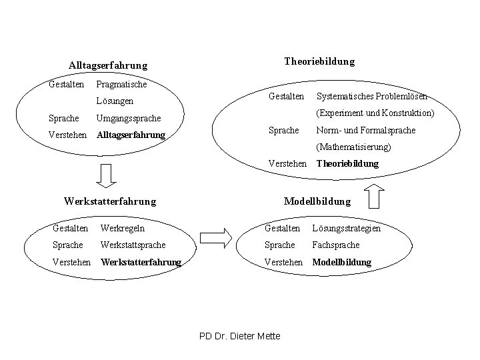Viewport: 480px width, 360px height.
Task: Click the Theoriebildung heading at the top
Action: [x=319, y=61]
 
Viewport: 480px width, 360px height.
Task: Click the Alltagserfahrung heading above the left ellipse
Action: [x=108, y=65]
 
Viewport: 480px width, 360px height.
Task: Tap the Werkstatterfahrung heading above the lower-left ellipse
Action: [x=109, y=201]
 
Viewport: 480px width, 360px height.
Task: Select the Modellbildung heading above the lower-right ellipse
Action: [x=317, y=201]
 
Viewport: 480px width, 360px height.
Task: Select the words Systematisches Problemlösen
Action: [x=372, y=96]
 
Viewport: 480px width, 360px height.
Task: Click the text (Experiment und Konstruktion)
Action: [x=375, y=113]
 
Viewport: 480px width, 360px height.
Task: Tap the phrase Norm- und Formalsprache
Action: [x=366, y=130]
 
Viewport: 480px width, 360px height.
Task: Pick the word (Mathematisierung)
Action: [x=354, y=147]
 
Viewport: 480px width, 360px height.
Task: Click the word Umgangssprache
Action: [x=129, y=118]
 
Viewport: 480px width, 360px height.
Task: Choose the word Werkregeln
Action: [x=122, y=229]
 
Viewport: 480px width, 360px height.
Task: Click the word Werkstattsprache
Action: [x=133, y=245]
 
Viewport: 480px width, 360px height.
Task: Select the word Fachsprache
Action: [x=336, y=245]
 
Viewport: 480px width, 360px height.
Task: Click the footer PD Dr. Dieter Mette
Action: [x=240, y=336]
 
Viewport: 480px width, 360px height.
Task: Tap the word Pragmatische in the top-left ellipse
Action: [x=121, y=84]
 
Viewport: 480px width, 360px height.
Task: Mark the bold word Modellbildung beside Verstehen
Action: [x=341, y=263]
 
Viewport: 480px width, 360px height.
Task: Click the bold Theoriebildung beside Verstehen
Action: [x=347, y=163]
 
